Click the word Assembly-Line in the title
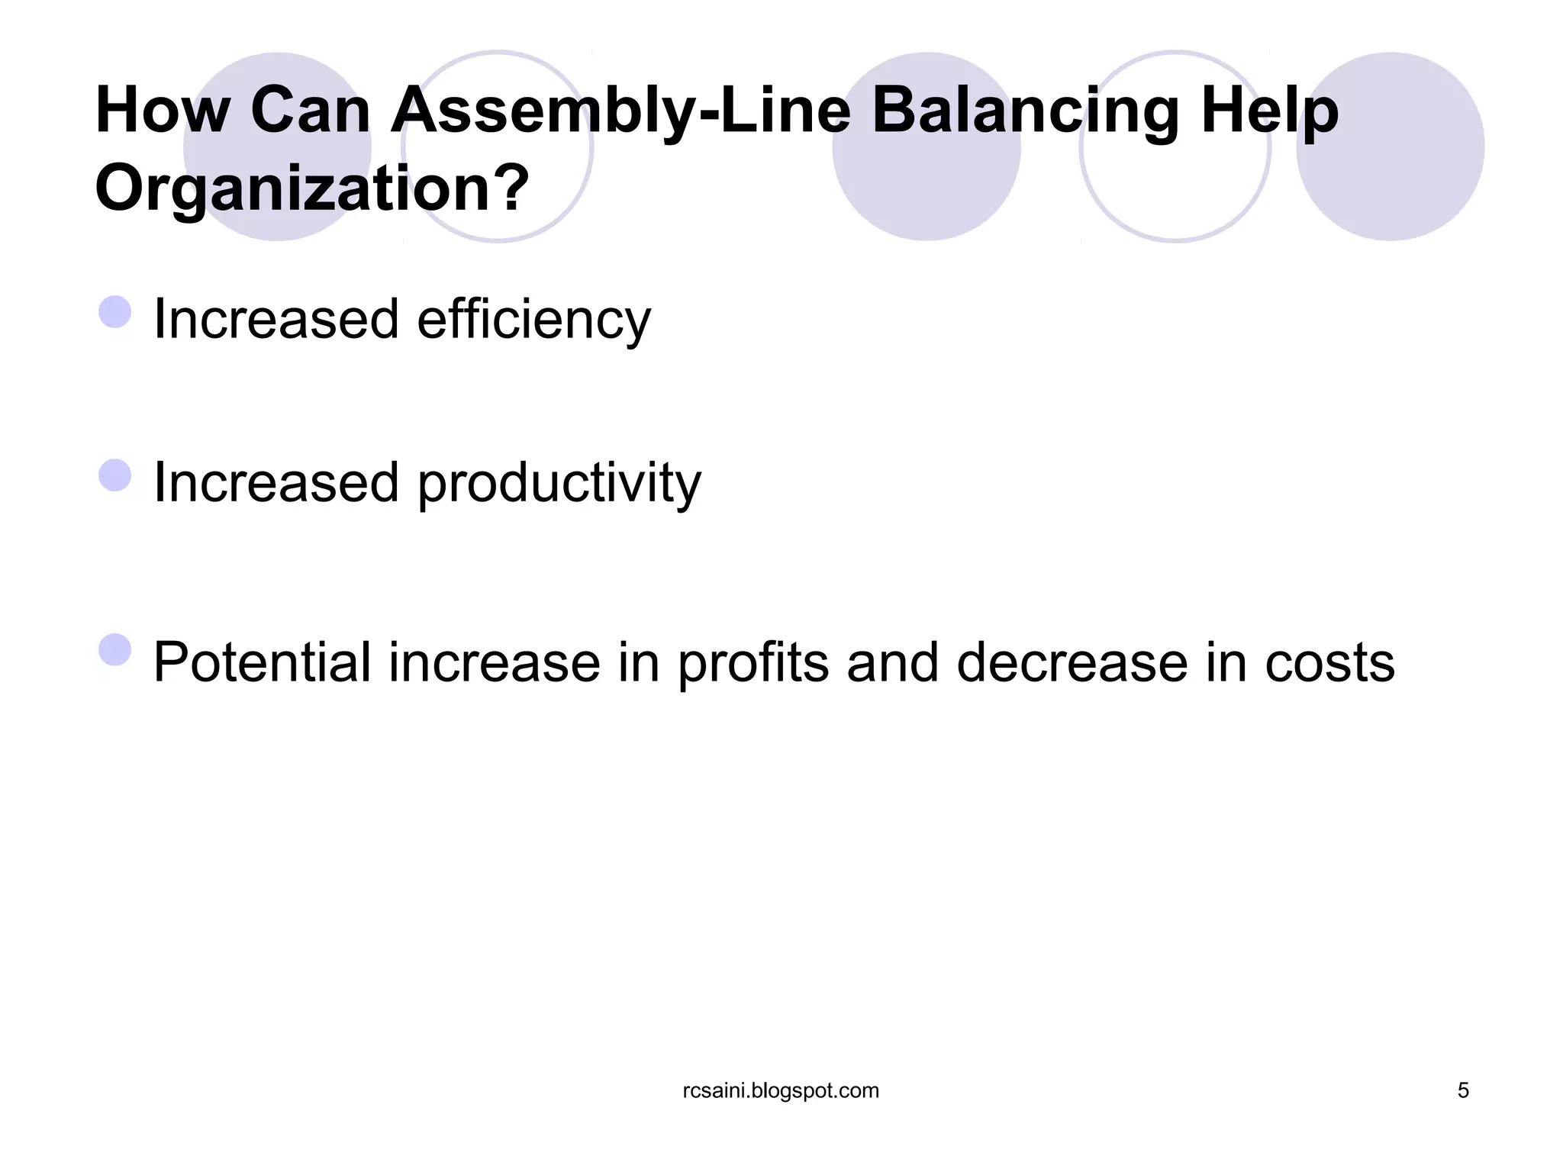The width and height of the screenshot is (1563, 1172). (620, 111)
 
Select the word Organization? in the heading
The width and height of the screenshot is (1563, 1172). (311, 189)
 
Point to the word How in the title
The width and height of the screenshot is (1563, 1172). (163, 111)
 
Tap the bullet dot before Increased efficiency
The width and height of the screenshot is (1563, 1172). (115, 312)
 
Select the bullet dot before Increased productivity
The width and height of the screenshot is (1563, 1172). (115, 475)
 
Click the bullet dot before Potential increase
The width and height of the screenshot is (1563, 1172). (115, 650)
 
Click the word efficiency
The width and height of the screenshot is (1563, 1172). (533, 320)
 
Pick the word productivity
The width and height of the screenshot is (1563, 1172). (559, 484)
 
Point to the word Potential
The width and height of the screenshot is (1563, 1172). (262, 662)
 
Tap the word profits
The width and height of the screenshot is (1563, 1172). (752, 662)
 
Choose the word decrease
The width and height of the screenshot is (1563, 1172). (1072, 662)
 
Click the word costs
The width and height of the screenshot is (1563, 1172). (1329, 662)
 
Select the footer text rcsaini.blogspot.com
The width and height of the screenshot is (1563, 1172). (781, 1090)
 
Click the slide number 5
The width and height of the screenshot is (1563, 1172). (1463, 1090)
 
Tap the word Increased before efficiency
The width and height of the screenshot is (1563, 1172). (276, 320)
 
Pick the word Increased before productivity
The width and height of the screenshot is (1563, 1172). (276, 484)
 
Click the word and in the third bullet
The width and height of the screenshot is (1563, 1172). (892, 662)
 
